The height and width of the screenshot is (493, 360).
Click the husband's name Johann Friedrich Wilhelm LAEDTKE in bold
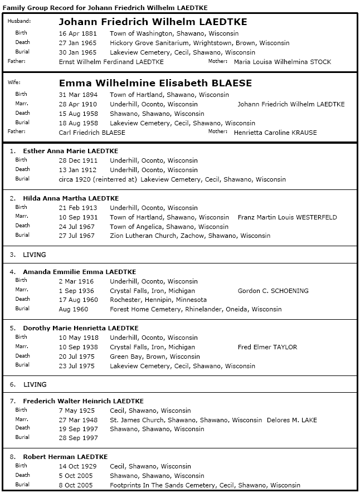pos(153,22)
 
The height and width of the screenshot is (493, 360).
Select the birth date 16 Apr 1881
pos(77,33)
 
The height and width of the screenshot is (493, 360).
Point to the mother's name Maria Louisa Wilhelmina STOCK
pos(283,62)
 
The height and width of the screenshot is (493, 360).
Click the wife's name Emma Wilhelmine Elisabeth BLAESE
pos(155,83)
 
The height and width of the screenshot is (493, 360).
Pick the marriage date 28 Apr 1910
pos(77,104)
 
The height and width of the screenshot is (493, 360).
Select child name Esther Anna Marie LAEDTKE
pos(70,151)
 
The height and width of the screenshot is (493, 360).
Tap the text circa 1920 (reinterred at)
pos(98,179)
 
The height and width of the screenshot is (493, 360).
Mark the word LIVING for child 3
pos(35,255)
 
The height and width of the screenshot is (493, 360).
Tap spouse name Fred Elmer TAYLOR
pos(267,347)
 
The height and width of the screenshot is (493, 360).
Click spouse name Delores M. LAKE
pos(294,420)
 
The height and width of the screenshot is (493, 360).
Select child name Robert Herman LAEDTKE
pos(65,457)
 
